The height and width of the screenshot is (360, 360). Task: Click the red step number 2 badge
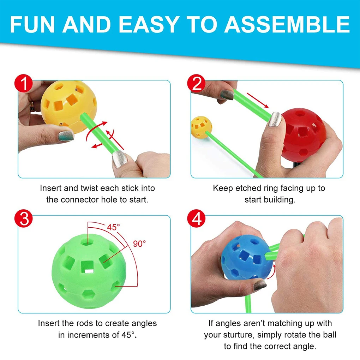[197, 84]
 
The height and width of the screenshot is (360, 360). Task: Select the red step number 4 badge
[197, 219]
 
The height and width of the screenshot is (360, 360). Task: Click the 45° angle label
[114, 228]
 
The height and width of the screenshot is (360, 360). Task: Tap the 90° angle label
[139, 244]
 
